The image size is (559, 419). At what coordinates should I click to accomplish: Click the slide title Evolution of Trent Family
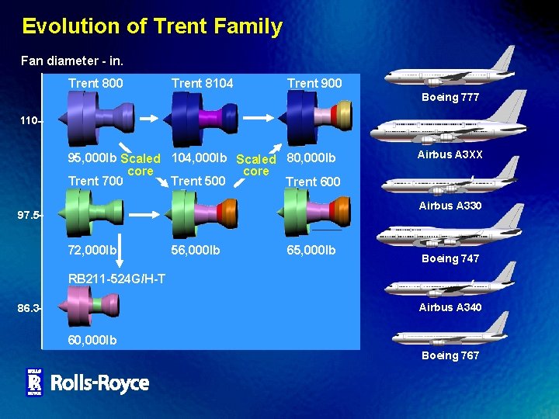tap(152, 26)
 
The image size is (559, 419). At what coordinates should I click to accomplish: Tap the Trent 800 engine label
tap(95, 83)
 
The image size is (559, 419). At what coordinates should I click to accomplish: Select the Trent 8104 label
tap(202, 83)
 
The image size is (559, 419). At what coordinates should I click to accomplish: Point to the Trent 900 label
tap(314, 83)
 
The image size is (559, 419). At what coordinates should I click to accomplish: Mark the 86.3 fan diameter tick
tap(30, 308)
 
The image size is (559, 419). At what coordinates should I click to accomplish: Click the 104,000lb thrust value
tap(199, 158)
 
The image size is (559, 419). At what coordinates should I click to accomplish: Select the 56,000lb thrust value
tap(196, 250)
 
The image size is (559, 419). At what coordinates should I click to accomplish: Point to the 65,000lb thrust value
tap(311, 250)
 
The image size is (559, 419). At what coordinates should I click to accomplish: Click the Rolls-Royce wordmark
tap(99, 383)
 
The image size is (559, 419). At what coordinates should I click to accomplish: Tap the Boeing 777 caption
tap(450, 98)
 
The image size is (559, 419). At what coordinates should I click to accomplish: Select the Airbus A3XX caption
tap(450, 154)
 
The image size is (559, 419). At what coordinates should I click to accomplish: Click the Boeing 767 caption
tap(450, 355)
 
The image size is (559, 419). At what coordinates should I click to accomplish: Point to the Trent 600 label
tap(313, 182)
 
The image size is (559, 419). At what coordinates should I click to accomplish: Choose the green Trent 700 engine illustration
tap(89, 213)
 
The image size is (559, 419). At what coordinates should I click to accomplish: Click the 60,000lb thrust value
tap(92, 340)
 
